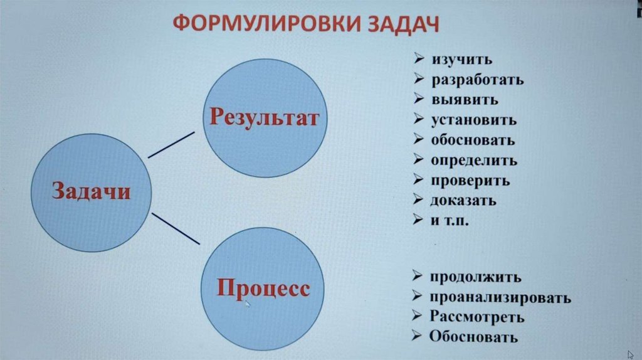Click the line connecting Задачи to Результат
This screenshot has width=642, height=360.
[x=171, y=144]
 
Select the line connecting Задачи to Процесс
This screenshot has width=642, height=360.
[x=176, y=228]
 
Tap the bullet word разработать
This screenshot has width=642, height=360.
[x=476, y=80]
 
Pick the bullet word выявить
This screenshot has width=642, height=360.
[x=465, y=100]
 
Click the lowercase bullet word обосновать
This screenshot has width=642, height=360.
[x=473, y=140]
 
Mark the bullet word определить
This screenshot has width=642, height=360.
[x=473, y=160]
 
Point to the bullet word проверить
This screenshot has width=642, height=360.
[x=470, y=181]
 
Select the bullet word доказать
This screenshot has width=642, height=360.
[x=463, y=201]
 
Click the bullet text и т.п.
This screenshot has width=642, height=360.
[x=450, y=221]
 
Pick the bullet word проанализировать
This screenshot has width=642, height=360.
[x=500, y=297]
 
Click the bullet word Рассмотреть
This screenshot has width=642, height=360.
[x=476, y=317]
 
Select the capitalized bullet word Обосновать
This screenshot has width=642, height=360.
[x=473, y=337]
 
